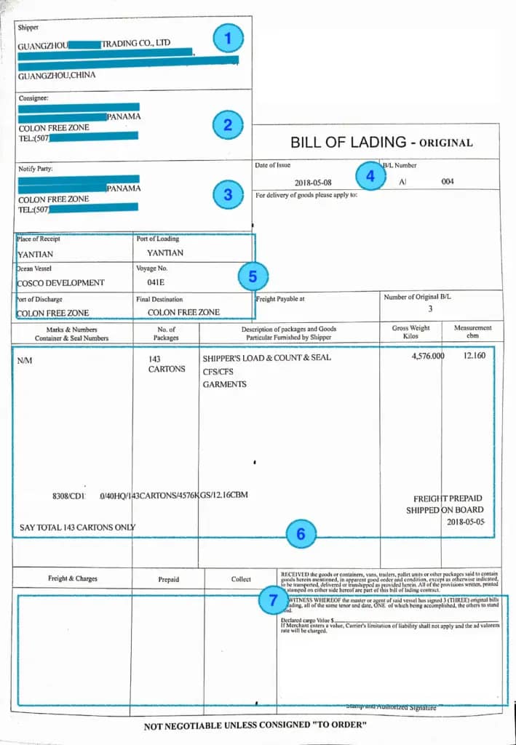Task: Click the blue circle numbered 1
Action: (228, 39)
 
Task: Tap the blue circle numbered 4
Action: (370, 175)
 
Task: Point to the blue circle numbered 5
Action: (253, 276)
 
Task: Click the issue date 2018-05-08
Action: (313, 182)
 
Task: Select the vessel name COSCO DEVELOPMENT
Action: (61, 283)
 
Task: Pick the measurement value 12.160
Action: (478, 358)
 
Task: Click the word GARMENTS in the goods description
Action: (224, 384)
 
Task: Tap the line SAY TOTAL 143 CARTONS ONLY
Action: (76, 527)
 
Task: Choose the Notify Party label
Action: (36, 170)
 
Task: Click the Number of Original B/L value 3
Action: (429, 309)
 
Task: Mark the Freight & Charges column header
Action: (72, 579)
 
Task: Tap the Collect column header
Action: (241, 579)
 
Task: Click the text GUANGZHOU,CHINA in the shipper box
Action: (57, 75)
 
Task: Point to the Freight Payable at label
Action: (280, 298)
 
